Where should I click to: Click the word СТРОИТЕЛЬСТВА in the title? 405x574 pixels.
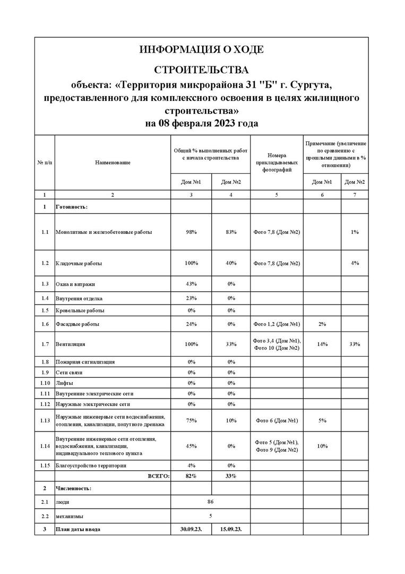click(201, 70)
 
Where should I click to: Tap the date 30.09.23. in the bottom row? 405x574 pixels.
click(191, 529)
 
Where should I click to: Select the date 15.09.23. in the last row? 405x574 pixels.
click(231, 529)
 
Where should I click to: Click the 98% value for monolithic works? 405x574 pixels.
click(191, 232)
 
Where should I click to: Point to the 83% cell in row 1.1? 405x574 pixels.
click(231, 232)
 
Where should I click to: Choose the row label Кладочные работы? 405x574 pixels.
click(79, 263)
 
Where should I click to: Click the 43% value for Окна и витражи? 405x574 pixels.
click(191, 284)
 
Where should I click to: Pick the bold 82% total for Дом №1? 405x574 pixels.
click(191, 476)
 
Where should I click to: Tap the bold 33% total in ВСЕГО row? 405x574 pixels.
click(231, 476)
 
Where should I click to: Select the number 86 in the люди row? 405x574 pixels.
click(211, 501)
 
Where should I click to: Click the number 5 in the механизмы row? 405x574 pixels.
click(211, 516)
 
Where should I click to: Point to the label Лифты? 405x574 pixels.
click(64, 383)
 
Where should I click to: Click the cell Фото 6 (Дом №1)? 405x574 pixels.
click(277, 420)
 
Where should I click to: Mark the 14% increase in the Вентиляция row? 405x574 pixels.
click(322, 344)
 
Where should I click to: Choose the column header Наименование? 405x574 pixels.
click(113, 162)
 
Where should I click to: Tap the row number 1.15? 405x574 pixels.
click(45, 466)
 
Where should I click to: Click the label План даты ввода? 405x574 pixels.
click(78, 529)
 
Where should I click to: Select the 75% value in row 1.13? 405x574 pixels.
click(191, 420)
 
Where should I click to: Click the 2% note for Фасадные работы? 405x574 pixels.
click(322, 324)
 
